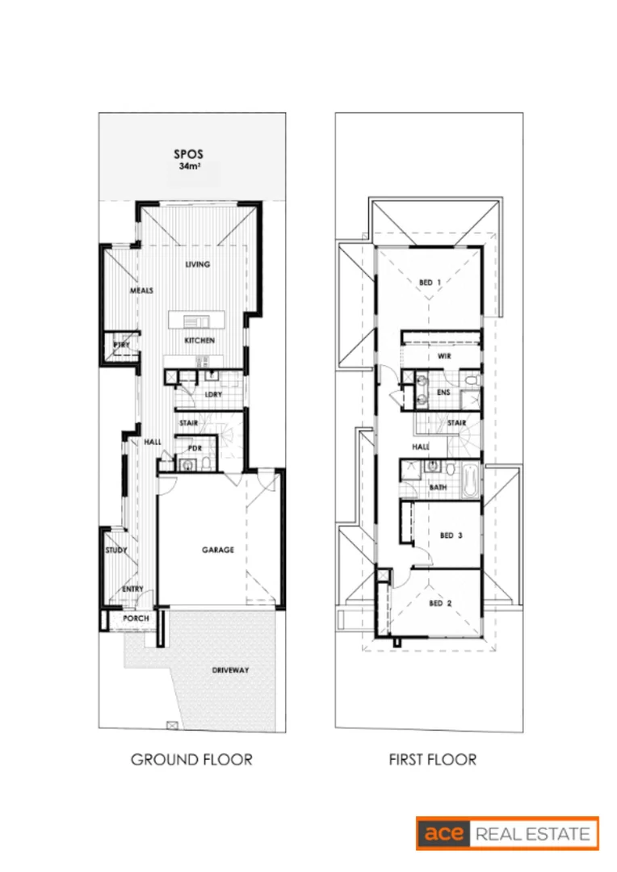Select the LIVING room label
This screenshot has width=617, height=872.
pos(198,264)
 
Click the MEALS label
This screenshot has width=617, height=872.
pos(141,291)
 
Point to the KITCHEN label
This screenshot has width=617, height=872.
pos(199,341)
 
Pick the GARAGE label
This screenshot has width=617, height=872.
pos(217,550)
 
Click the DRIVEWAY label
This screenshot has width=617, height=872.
pos(230,670)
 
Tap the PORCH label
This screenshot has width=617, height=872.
pos(134,618)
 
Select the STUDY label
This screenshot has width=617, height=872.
pos(116,551)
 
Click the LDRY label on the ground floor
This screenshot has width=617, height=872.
pos(213,395)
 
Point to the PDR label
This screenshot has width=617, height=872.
pos(194,448)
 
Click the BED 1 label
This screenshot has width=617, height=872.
pos(430,283)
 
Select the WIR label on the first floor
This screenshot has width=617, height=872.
pos(443,355)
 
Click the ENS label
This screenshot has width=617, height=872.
pos(443,393)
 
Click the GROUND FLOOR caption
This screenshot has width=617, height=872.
pos(191,760)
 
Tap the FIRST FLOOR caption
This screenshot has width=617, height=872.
pos(432,760)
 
